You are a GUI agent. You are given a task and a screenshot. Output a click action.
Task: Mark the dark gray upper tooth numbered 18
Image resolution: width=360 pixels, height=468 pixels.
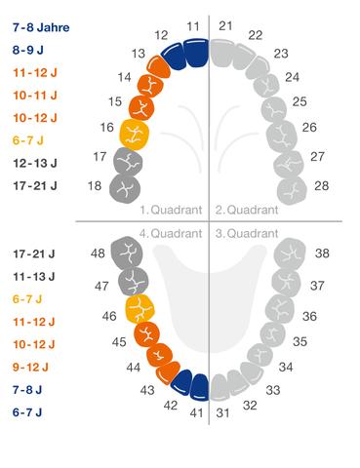click(125, 184)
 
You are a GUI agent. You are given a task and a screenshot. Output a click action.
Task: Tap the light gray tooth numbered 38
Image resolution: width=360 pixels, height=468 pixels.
click(291, 254)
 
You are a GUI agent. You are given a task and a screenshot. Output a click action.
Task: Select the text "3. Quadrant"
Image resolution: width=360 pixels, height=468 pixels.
click(249, 234)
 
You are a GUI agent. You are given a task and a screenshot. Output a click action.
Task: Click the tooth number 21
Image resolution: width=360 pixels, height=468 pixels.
click(225, 24)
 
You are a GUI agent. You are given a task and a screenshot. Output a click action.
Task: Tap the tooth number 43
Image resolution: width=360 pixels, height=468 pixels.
click(147, 389)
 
